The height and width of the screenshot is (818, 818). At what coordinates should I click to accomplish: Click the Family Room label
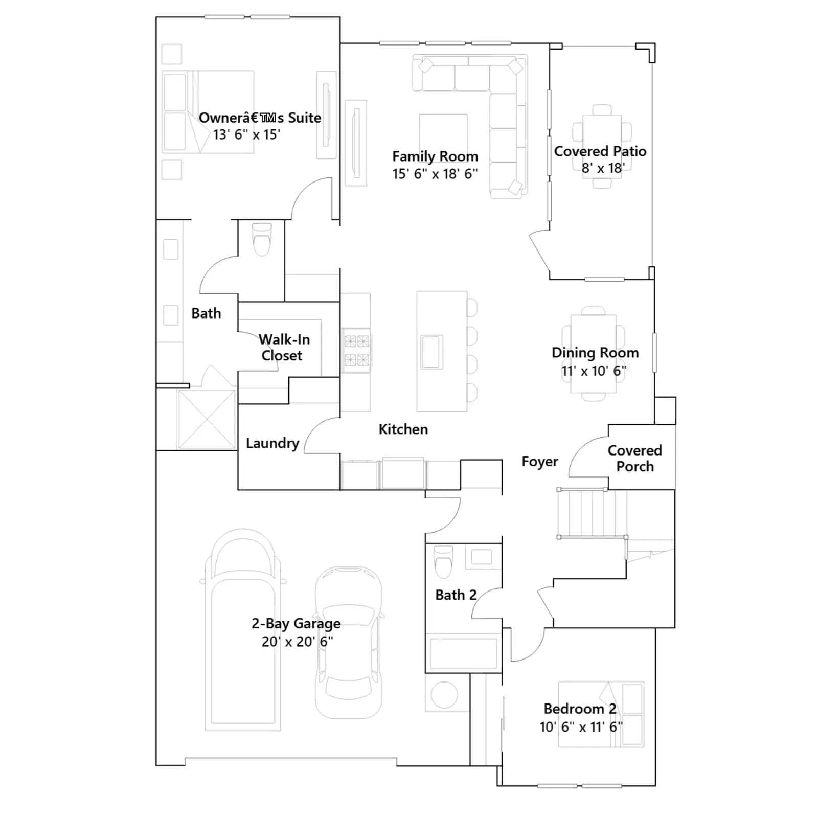pyautogui.click(x=435, y=156)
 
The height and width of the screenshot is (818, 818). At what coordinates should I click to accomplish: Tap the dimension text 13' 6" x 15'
pyautogui.click(x=246, y=134)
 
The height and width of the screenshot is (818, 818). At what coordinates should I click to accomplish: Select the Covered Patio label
pyautogui.click(x=600, y=151)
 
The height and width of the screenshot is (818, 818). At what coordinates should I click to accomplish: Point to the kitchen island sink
pyautogui.click(x=431, y=352)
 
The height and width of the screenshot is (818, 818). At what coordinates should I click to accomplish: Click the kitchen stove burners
pyautogui.click(x=356, y=350)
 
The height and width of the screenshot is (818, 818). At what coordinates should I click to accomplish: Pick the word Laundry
pyautogui.click(x=272, y=443)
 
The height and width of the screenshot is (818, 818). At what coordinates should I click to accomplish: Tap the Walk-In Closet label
pyautogui.click(x=284, y=348)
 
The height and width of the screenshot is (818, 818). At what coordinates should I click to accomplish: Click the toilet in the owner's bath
pyautogui.click(x=262, y=239)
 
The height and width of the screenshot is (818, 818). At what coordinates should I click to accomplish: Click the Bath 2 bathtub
pyautogui.click(x=464, y=653)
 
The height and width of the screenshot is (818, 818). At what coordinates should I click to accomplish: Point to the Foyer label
pyautogui.click(x=540, y=462)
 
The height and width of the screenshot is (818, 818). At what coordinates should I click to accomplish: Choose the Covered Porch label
pyautogui.click(x=635, y=459)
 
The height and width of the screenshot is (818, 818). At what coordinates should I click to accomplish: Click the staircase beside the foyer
pyautogui.click(x=592, y=513)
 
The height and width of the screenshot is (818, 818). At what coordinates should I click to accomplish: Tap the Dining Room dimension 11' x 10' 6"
pyautogui.click(x=594, y=371)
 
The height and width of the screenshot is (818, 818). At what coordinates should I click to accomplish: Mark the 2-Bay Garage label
pyautogui.click(x=296, y=624)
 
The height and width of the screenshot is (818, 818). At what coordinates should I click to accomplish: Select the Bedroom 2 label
pyautogui.click(x=580, y=709)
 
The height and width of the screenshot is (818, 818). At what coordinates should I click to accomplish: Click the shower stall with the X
pyautogui.click(x=207, y=420)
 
